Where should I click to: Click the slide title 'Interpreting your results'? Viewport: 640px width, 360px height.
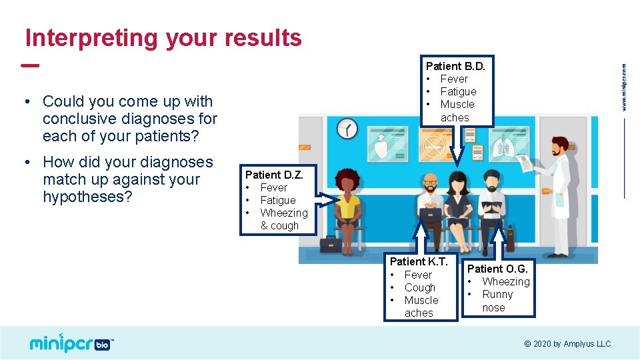[163, 38]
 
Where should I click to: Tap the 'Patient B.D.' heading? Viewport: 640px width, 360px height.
[455, 66]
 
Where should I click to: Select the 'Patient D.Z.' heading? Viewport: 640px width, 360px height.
[274, 175]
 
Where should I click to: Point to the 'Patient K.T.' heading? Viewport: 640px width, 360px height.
[419, 261]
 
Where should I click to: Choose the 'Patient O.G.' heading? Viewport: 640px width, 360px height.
[497, 269]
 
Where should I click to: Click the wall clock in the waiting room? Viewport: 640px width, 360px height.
[347, 129]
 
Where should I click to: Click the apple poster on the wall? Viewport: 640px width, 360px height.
[387, 144]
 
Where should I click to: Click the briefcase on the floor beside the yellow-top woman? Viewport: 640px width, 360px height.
[331, 245]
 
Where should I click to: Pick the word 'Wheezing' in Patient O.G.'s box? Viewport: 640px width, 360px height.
[506, 281]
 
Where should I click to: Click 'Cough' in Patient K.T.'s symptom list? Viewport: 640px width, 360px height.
[419, 288]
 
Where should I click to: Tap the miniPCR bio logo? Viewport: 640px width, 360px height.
[71, 343]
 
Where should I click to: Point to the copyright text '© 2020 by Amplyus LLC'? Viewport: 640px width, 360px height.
[567, 344]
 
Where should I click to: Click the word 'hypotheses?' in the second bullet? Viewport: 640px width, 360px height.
[87, 197]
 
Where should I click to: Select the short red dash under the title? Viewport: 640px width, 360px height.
[30, 65]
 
